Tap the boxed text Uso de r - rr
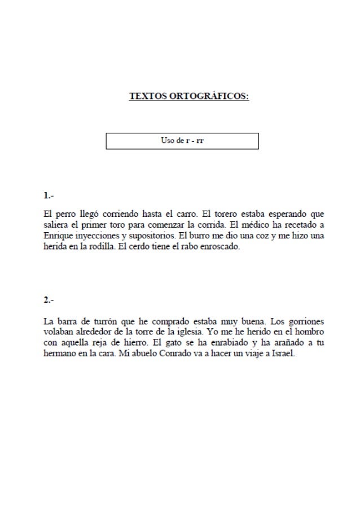(182, 140)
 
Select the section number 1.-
(49, 197)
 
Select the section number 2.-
(49, 299)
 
